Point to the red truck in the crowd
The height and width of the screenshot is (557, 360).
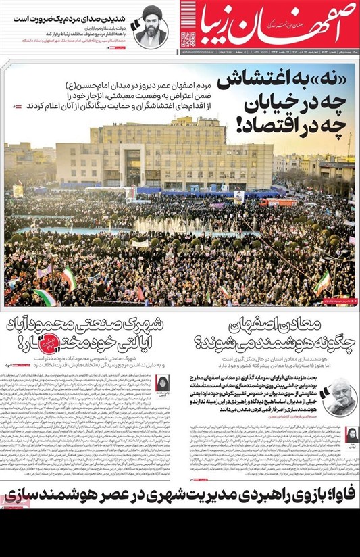tap(278, 202)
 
